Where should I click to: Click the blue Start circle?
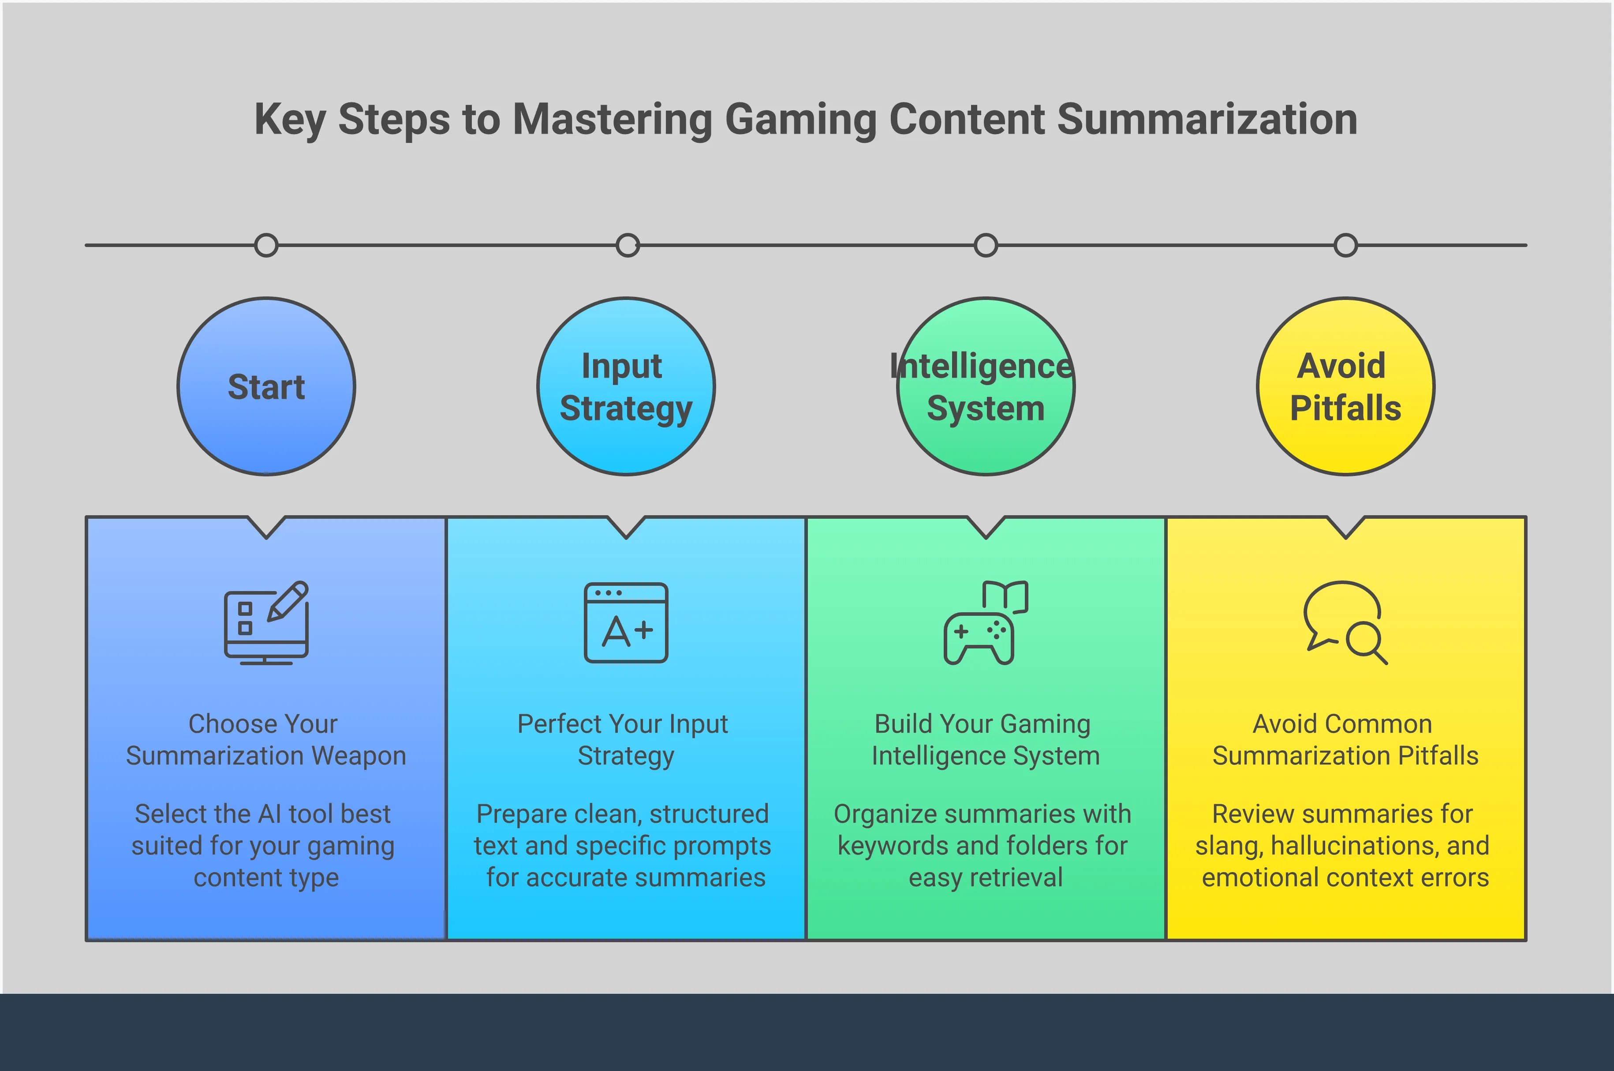266,386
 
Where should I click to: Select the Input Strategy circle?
626,386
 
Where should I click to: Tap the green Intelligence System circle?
986,386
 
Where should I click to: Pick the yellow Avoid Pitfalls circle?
1346,386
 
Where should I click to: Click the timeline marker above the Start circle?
266,245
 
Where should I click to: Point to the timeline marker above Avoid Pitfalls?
1346,245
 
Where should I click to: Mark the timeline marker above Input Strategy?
628,245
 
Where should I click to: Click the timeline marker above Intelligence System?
986,245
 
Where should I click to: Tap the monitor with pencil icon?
267,623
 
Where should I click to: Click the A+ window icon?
626,623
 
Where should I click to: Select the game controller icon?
986,623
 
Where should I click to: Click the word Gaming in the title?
800,120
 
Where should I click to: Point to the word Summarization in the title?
1207,120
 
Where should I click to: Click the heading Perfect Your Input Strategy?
624,740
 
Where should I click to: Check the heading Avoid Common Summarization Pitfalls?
1345,740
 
